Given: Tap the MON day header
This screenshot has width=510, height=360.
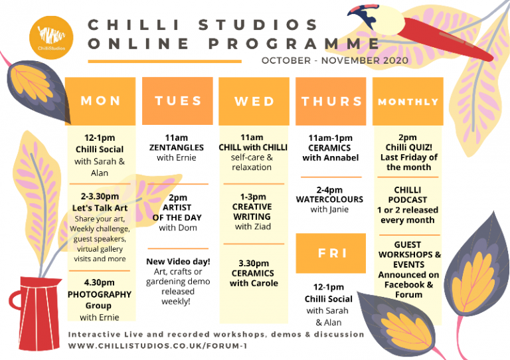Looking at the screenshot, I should pyautogui.click(x=100, y=102).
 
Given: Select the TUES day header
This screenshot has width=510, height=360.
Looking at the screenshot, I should pyautogui.click(x=177, y=101).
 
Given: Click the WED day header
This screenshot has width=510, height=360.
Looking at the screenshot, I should pyautogui.click(x=254, y=102).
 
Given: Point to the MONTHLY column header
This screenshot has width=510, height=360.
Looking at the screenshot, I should pyautogui.click(x=408, y=102).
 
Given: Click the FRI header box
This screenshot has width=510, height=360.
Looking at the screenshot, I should pyautogui.click(x=331, y=253).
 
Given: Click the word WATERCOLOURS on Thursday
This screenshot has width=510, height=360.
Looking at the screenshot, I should pyautogui.click(x=329, y=199).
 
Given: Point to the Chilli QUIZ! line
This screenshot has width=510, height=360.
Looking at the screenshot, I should pyautogui.click(x=408, y=147).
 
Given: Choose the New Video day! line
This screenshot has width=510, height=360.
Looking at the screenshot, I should pyautogui.click(x=178, y=261).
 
